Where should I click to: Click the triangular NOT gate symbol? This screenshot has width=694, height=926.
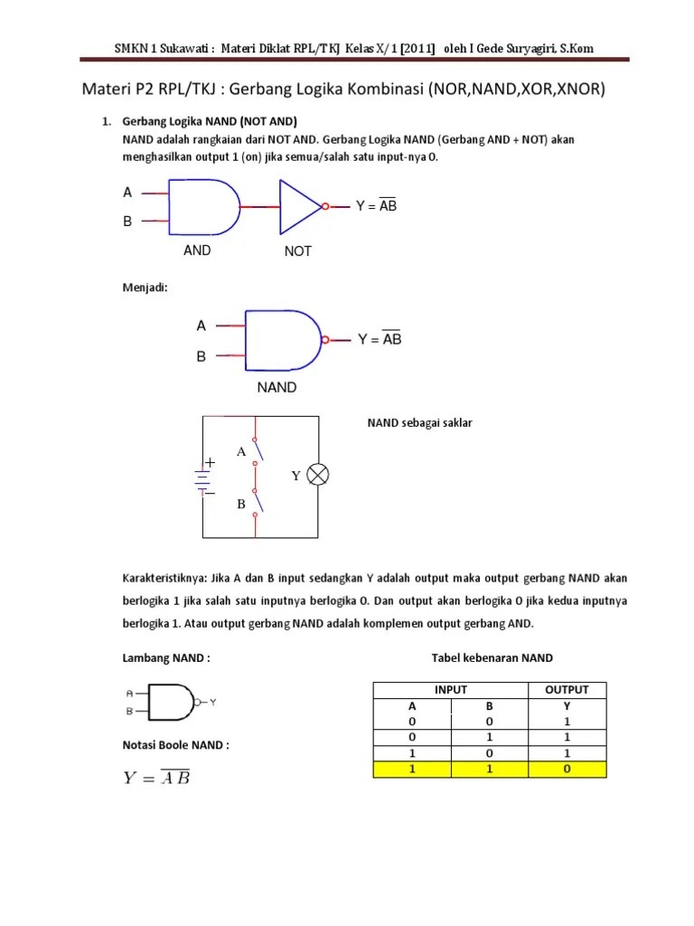[x=300, y=206]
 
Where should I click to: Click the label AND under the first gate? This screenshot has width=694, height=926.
[x=197, y=250]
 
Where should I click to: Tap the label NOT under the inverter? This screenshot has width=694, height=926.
[x=297, y=251]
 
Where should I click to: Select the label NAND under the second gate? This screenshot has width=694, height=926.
[x=277, y=387]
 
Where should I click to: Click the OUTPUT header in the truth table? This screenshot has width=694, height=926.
[x=567, y=690]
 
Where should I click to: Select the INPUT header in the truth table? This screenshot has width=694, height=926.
[x=451, y=690]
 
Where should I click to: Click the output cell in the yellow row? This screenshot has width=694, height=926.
[x=567, y=770]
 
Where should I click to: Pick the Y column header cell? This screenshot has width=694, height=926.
[x=567, y=706]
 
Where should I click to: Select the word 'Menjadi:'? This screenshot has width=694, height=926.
[x=145, y=287]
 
